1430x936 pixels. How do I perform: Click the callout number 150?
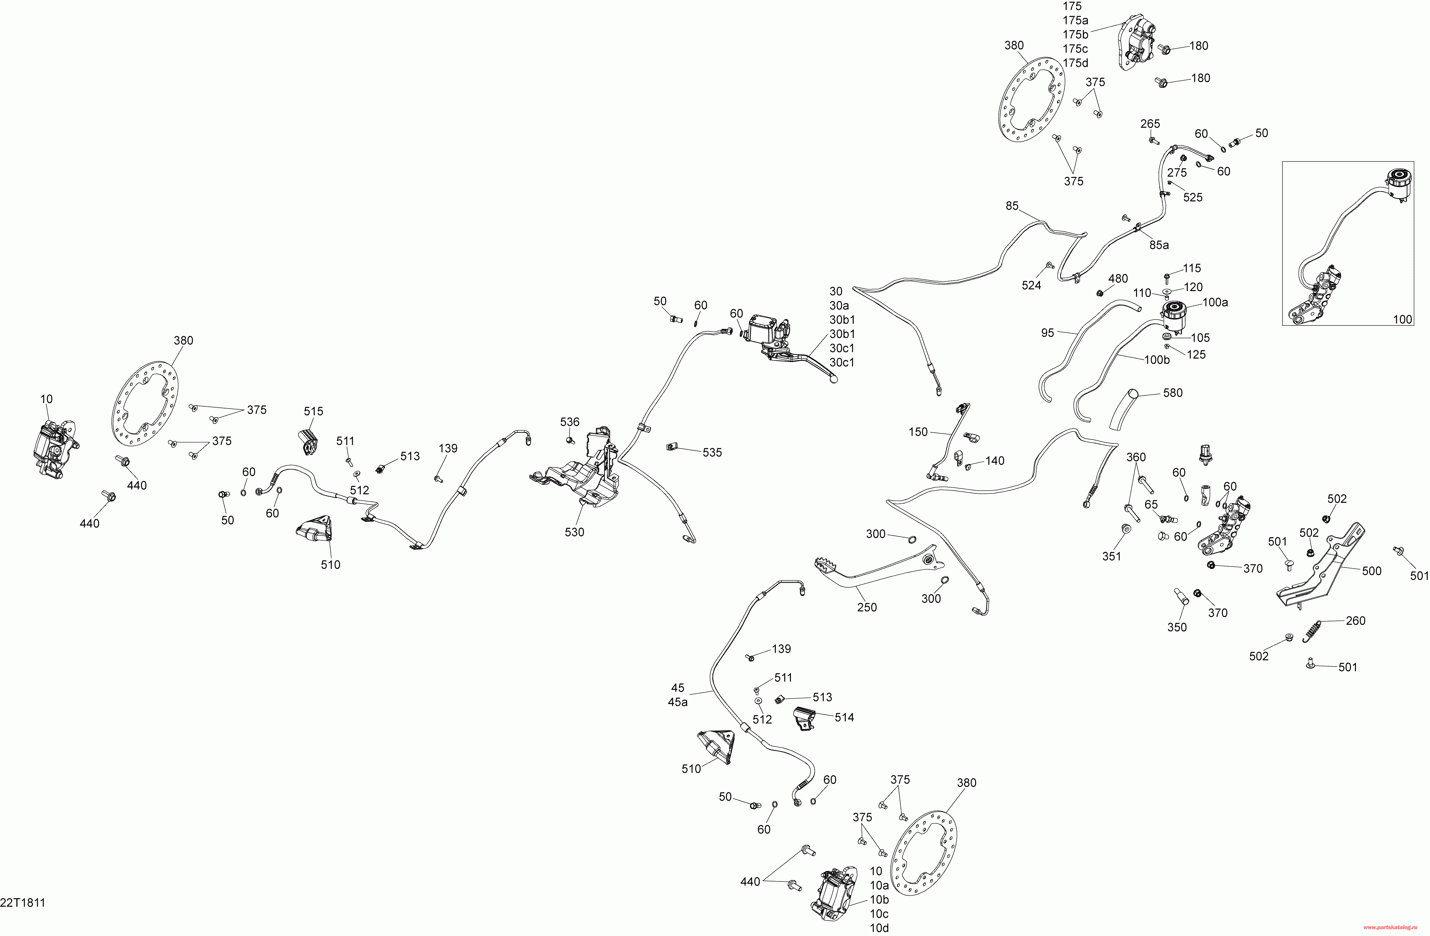[918, 432]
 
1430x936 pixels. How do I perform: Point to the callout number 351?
[1112, 556]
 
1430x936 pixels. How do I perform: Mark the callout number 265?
[1150, 124]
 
